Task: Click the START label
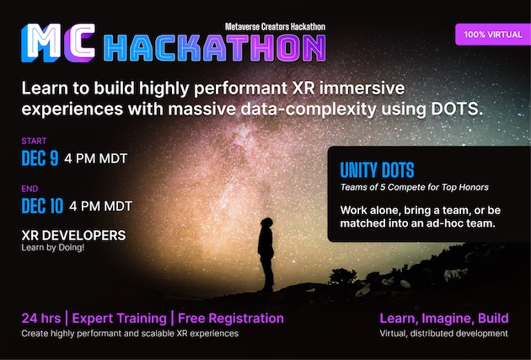(x=34, y=141)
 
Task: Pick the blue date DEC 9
(x=40, y=158)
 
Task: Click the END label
(x=30, y=189)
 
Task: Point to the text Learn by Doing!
(x=52, y=250)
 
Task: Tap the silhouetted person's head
(x=265, y=221)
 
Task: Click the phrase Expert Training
(x=118, y=319)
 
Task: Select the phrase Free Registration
(x=230, y=319)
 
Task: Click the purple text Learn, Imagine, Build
(x=443, y=318)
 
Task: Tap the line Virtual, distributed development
(x=443, y=334)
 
